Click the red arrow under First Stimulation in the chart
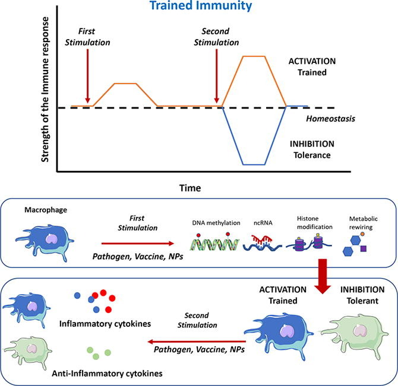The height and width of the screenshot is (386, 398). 87,76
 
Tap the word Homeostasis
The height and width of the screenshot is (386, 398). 331,119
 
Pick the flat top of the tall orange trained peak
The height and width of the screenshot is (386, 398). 254,56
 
